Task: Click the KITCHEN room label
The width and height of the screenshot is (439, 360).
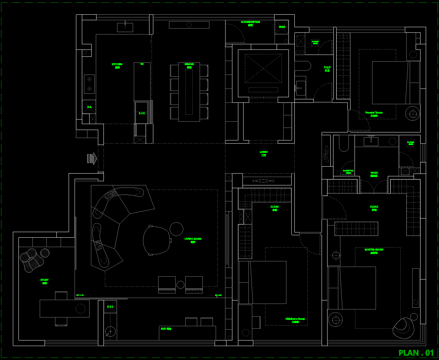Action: [x=117, y=64]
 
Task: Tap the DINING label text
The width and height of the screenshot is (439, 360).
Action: [x=189, y=64]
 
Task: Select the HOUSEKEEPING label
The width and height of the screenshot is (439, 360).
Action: [x=250, y=22]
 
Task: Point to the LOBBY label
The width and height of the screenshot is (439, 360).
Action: [x=264, y=152]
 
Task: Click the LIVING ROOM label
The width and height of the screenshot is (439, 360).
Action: [x=193, y=239]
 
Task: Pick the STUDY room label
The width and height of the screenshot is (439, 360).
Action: [x=44, y=280]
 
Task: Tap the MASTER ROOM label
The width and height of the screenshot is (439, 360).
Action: [x=374, y=250]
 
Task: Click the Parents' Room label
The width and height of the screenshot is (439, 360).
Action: [x=374, y=113]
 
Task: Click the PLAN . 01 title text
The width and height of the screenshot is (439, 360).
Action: [x=416, y=353]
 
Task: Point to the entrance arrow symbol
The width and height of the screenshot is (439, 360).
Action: [x=92, y=158]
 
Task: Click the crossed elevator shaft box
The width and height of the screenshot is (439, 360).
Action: [x=263, y=68]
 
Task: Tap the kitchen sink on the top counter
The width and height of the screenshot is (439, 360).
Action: [x=125, y=27]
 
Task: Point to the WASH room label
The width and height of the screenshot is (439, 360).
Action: [x=374, y=173]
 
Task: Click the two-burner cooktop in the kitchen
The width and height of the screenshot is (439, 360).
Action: [x=89, y=84]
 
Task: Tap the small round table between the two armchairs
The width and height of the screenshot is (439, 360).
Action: [x=180, y=285]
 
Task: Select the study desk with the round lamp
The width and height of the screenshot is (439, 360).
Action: [x=64, y=308]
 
